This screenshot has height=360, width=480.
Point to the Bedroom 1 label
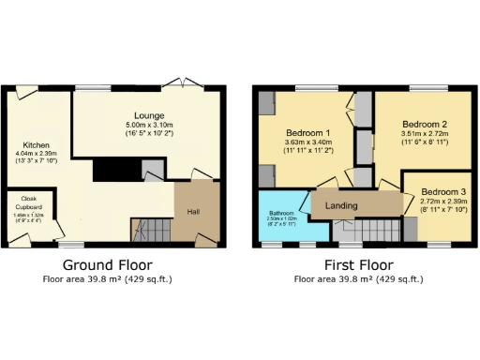(308, 133)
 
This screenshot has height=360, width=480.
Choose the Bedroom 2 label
(425, 124)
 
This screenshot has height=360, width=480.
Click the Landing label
(342, 204)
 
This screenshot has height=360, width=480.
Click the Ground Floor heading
(107, 265)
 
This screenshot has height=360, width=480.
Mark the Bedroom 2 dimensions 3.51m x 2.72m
(425, 133)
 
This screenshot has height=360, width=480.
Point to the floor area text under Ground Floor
(107, 279)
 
